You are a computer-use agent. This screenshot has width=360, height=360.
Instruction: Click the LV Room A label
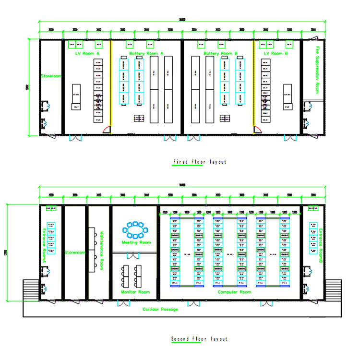(x=87, y=53)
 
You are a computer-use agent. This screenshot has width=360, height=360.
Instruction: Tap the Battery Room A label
(x=146, y=53)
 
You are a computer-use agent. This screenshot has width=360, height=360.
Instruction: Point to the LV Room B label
(x=275, y=53)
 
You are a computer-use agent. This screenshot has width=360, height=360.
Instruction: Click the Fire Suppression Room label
(x=317, y=70)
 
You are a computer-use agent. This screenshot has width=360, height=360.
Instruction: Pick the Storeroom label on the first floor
(x=51, y=76)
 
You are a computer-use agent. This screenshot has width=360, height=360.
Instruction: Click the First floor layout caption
(x=199, y=162)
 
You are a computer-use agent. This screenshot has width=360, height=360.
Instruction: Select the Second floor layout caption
(x=199, y=339)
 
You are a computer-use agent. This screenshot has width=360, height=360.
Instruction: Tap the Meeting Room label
(x=136, y=242)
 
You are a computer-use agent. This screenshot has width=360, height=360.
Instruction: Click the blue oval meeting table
(x=136, y=230)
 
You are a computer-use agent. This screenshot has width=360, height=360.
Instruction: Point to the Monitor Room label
(x=135, y=292)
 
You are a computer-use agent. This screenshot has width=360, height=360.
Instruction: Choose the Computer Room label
(x=234, y=292)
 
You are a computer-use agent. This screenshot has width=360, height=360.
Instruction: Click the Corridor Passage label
(x=160, y=309)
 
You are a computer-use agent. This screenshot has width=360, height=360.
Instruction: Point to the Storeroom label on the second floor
(x=75, y=252)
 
